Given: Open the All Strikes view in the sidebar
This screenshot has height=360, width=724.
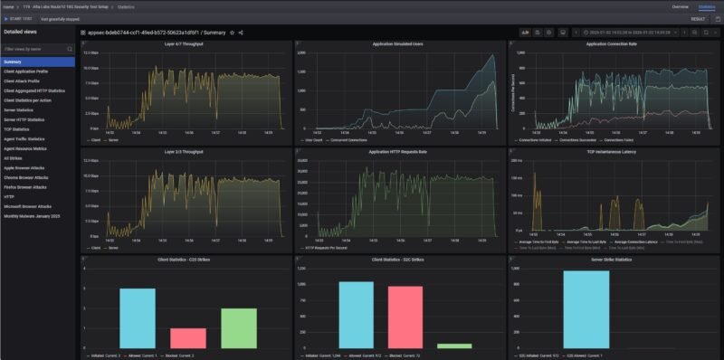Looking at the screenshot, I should click(15, 157).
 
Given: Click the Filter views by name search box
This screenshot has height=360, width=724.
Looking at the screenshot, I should click(36, 48).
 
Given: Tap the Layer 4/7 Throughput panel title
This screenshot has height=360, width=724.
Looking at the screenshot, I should click(185, 43).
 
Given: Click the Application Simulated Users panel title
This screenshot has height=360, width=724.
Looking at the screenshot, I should click(397, 43).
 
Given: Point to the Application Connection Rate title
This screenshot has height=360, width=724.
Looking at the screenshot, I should click(611, 43).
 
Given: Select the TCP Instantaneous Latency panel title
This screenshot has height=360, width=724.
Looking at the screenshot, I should click(611, 152).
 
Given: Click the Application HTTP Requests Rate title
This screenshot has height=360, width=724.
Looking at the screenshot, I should click(397, 152).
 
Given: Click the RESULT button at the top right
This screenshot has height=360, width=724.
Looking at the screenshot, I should click(698, 18).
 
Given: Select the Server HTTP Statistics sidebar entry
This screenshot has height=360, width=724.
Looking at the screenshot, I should click(24, 119).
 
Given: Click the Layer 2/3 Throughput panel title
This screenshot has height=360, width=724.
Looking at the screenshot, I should click(185, 152).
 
